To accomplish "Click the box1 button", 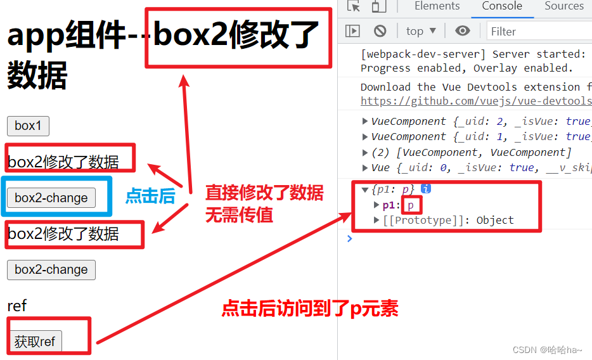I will (x=28, y=125).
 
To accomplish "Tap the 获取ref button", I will (x=35, y=342).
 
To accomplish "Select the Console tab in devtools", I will (x=502, y=6).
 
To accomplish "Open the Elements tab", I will (x=437, y=6).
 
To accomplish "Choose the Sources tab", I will (x=563, y=6).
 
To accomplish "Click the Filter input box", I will (x=539, y=31).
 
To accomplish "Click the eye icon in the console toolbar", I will (x=463, y=31).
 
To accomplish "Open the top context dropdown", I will (x=421, y=31).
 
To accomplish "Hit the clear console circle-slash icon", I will (x=380, y=31).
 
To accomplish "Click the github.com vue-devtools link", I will (x=476, y=101).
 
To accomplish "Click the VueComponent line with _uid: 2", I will (x=475, y=121).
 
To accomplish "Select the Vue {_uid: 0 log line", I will (x=475, y=167).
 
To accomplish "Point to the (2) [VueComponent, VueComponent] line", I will (x=469, y=152).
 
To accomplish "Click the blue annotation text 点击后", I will (x=150, y=196).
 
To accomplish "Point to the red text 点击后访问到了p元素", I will (x=309, y=309).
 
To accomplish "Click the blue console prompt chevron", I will (x=349, y=238).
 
